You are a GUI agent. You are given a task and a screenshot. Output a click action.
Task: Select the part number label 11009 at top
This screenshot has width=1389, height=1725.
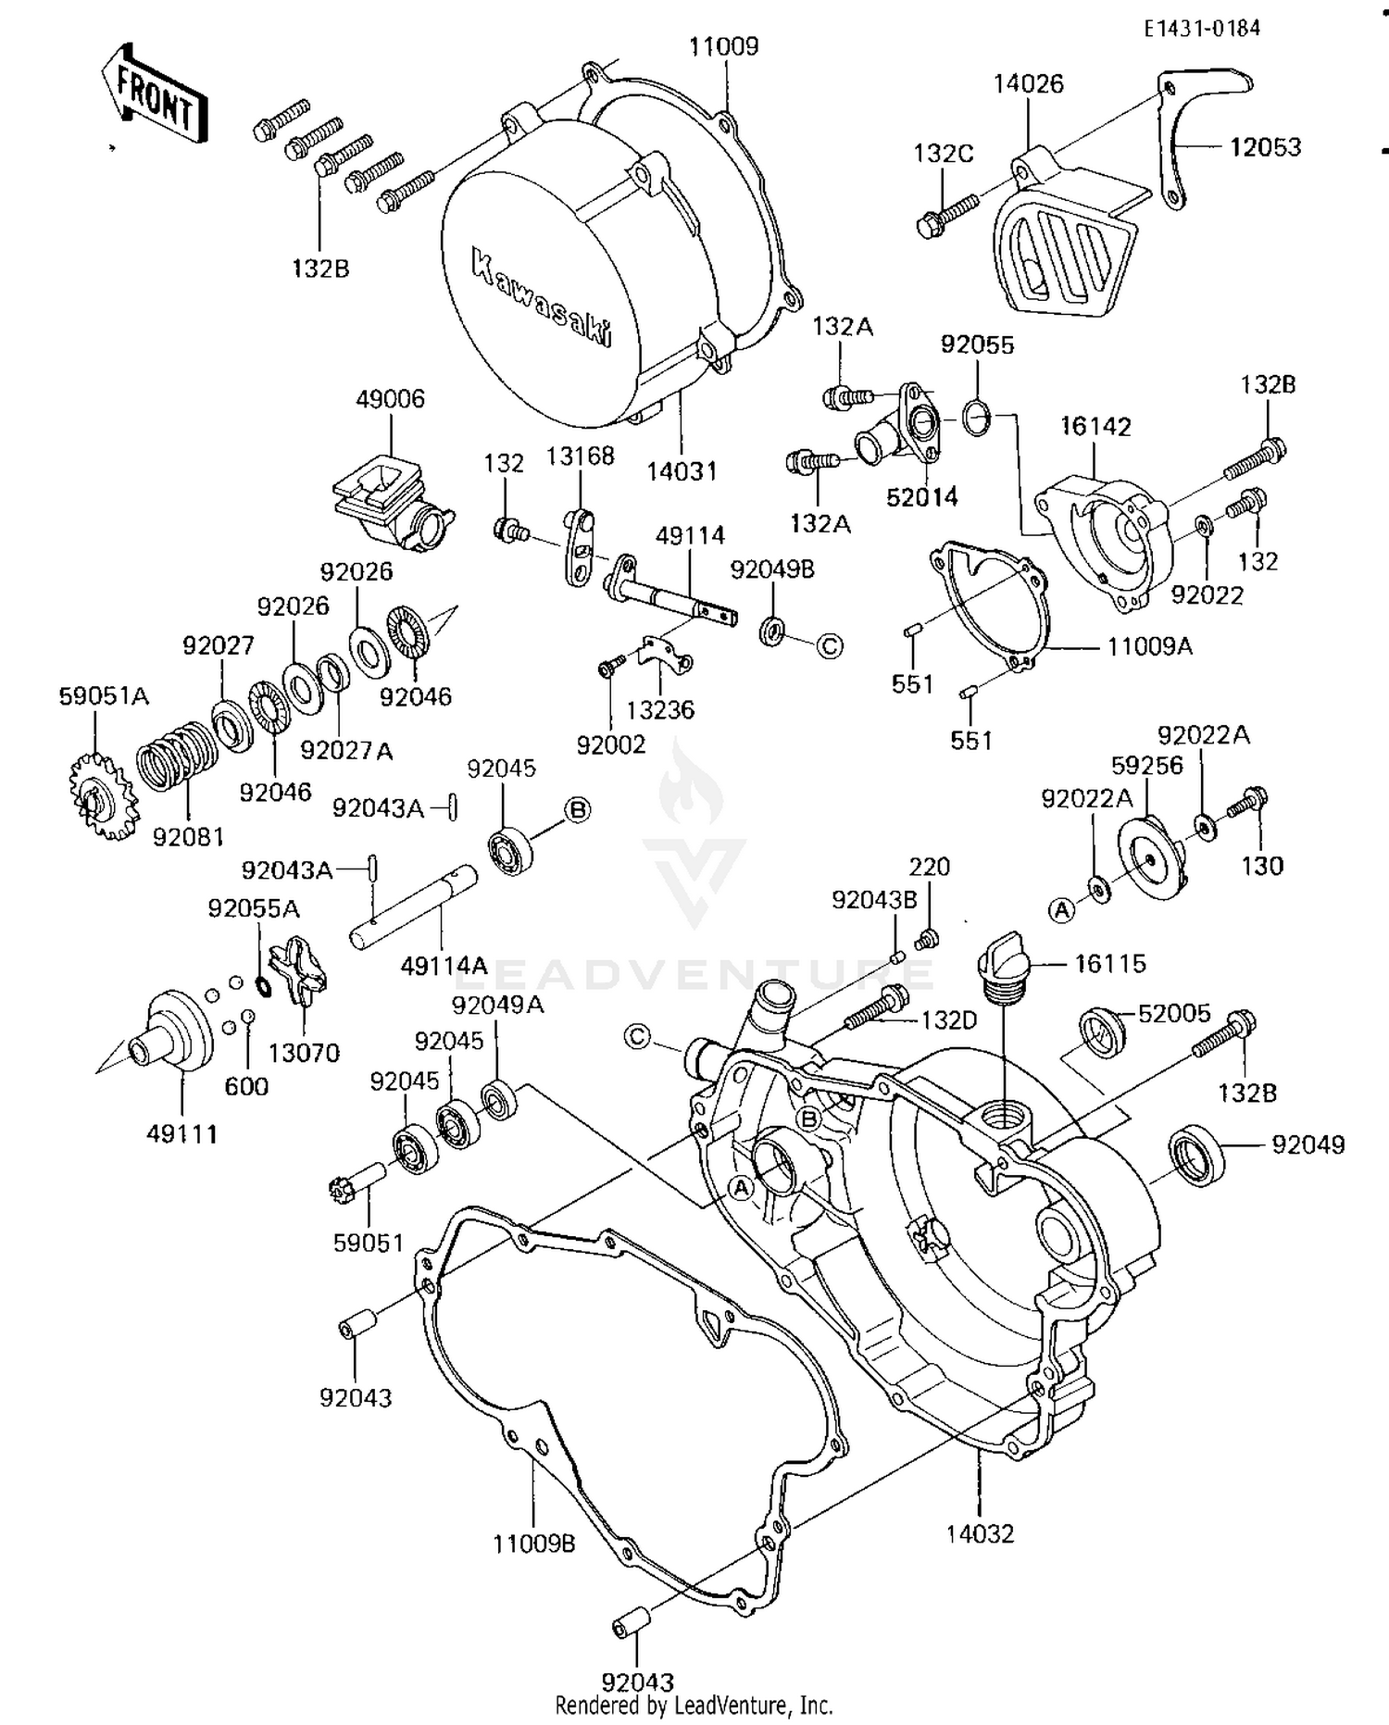pyautogui.click(x=723, y=46)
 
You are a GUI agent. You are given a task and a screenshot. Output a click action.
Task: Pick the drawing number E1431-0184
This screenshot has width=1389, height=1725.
pyautogui.click(x=1201, y=28)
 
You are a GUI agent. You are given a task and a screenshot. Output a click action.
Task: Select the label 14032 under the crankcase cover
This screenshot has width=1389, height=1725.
pyautogui.click(x=980, y=1533)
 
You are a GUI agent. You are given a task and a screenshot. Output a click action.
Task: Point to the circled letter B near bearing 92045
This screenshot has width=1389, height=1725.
pyautogui.click(x=577, y=810)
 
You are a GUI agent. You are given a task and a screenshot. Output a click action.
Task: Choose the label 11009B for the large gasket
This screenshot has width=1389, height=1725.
pyautogui.click(x=534, y=1544)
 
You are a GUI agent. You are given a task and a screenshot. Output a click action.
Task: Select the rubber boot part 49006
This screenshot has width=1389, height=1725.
pyautogui.click(x=389, y=505)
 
